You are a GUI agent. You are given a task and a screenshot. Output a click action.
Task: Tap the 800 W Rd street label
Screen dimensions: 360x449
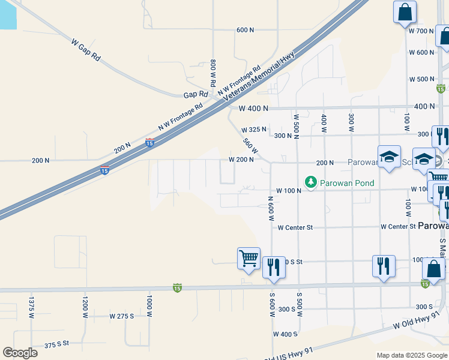click(213, 72)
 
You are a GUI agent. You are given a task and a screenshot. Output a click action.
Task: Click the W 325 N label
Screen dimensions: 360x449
click(254, 130)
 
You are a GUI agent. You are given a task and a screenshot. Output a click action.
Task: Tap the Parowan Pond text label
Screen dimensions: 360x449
click(348, 183)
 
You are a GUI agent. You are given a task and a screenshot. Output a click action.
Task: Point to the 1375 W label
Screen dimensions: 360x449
click(31, 305)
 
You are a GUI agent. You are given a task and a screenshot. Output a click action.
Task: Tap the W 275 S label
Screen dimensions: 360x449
click(122, 316)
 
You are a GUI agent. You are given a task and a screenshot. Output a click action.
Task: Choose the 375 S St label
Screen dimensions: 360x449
click(57, 344)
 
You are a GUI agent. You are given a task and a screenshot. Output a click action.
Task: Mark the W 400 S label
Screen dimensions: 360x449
click(285, 334)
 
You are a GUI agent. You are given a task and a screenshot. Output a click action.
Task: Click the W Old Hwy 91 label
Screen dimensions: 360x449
click(419, 325)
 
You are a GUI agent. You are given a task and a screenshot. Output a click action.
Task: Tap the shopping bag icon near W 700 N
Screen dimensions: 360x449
click(405, 12)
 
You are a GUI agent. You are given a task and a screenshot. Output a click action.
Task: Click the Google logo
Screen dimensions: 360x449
click(20, 353)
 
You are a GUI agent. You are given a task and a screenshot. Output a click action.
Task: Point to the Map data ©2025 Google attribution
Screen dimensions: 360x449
click(412, 355)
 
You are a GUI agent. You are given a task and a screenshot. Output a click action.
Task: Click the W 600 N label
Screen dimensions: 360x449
click(421, 52)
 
